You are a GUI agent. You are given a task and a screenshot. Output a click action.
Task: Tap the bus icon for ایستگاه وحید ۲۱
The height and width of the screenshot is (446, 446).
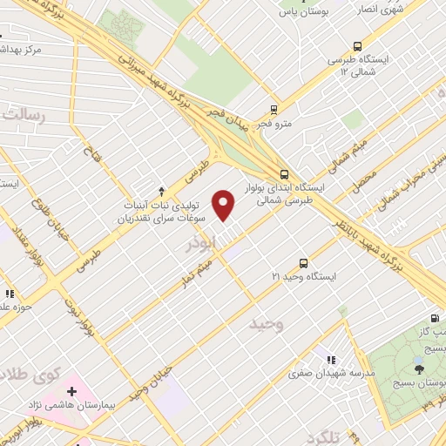pos(303,262)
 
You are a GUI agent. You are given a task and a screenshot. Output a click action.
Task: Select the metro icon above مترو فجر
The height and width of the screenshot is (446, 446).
pos(274,110)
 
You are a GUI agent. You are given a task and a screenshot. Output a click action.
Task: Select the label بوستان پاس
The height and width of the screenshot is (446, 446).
pos(301,13)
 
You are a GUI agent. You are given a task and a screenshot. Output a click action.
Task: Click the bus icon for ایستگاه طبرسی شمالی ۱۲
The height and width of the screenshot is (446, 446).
pos(357,47)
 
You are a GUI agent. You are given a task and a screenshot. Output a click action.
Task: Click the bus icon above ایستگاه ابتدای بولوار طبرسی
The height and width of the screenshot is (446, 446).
pos(285,173)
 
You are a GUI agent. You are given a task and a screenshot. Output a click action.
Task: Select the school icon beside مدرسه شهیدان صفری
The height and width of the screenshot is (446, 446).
pos(331,358)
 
